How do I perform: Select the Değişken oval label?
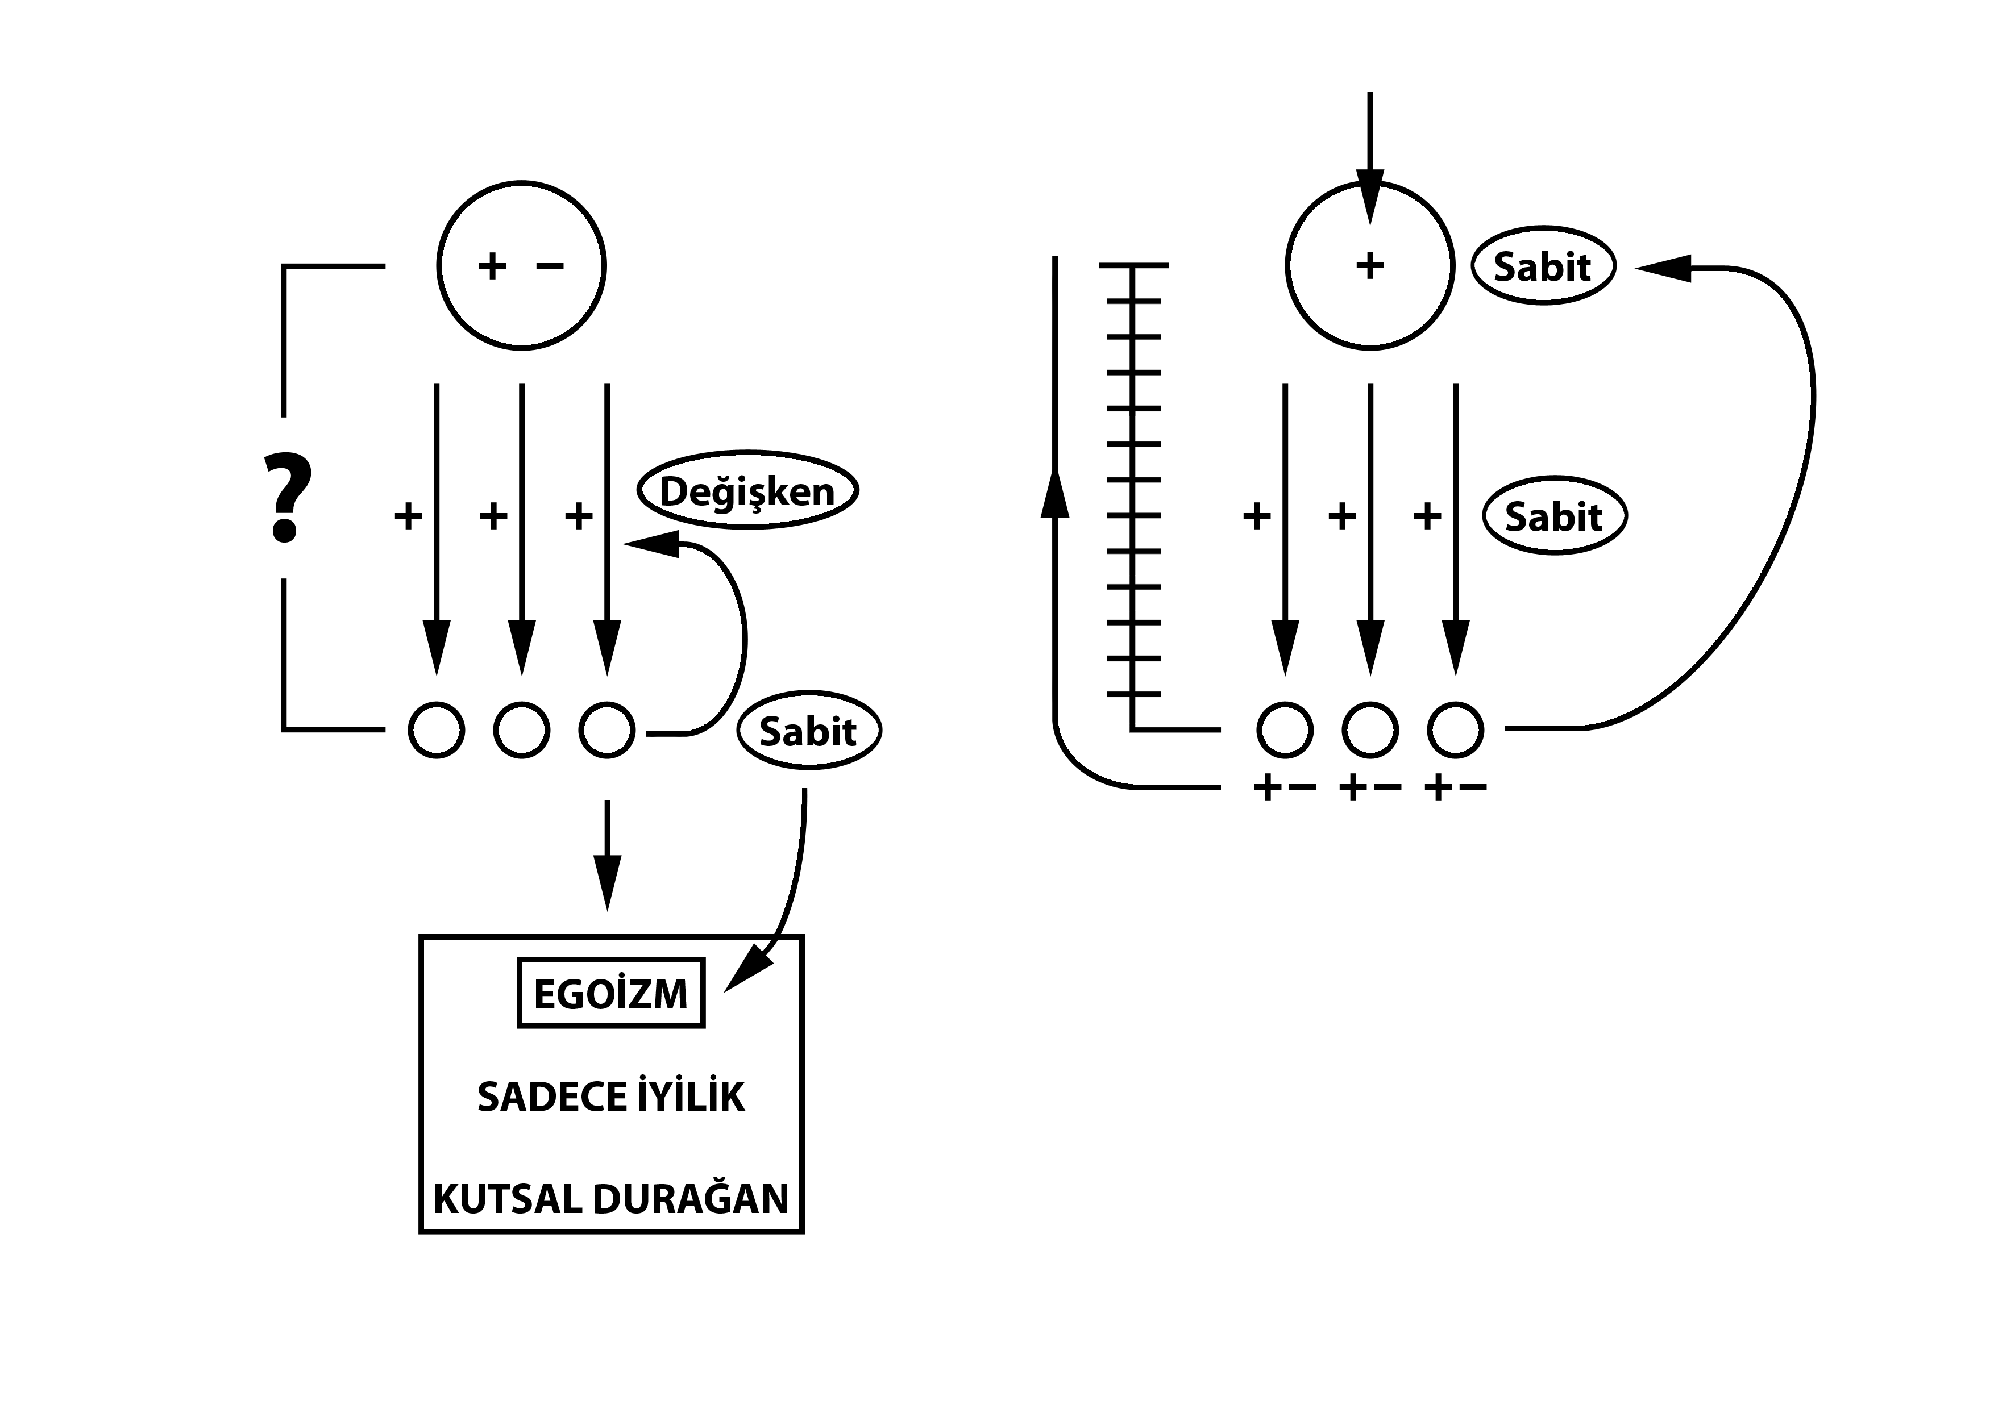[748, 490]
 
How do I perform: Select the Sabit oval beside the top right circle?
[1543, 266]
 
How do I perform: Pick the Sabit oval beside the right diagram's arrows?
[1553, 516]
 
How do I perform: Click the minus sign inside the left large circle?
[550, 266]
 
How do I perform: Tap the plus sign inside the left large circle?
[492, 266]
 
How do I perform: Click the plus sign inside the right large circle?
[1369, 266]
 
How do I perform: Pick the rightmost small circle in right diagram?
[1456, 730]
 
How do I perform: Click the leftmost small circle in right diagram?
[1285, 730]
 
